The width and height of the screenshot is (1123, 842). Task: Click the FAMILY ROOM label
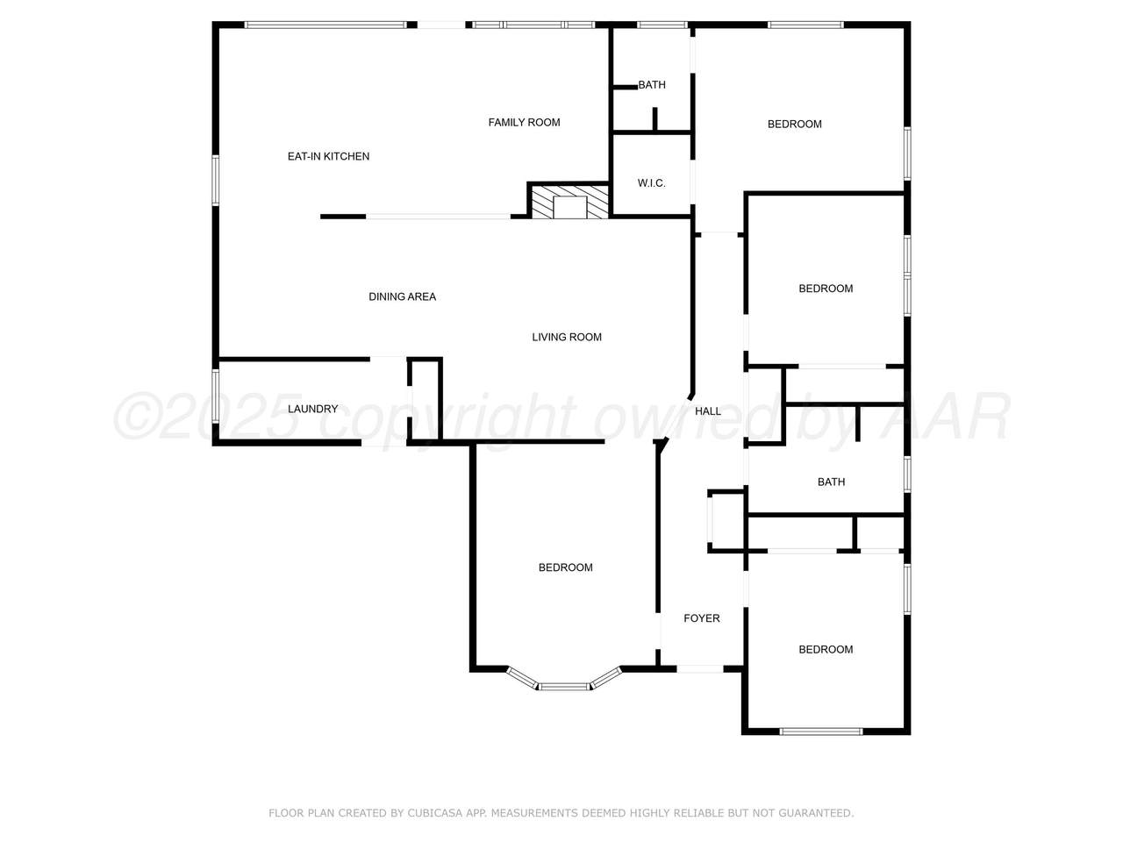click(x=524, y=123)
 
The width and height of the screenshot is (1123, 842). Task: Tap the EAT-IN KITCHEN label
click(x=328, y=156)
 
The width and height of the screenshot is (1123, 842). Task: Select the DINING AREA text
click(x=402, y=296)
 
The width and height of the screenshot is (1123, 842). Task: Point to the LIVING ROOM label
click(x=567, y=337)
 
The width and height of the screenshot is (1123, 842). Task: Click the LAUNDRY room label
click(x=312, y=409)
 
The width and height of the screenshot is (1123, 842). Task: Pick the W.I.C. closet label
click(x=651, y=183)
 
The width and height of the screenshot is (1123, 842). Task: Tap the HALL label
click(x=708, y=411)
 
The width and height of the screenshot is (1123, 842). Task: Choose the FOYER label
click(x=701, y=618)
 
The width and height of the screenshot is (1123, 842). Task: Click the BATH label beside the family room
click(x=652, y=85)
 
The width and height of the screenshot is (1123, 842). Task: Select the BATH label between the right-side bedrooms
click(x=831, y=482)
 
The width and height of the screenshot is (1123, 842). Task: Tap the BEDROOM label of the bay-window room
click(x=565, y=567)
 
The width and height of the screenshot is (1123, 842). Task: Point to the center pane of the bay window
click(x=564, y=686)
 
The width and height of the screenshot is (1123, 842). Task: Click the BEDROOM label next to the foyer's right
click(x=826, y=649)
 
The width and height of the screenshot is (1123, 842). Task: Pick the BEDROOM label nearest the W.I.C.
click(x=795, y=125)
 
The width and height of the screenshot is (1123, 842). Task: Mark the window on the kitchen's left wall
click(x=216, y=181)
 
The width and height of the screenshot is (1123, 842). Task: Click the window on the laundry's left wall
click(x=216, y=396)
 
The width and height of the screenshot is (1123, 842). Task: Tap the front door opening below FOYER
click(x=699, y=668)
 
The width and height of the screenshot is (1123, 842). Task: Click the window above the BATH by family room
click(x=662, y=25)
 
